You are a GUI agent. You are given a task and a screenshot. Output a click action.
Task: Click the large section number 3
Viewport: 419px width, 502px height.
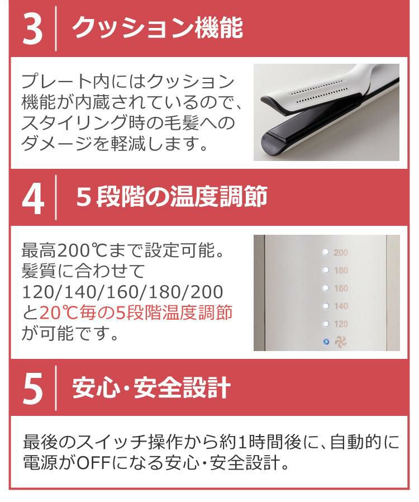point(32,30)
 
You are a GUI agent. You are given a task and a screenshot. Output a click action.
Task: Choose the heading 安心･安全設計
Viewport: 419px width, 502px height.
point(151,388)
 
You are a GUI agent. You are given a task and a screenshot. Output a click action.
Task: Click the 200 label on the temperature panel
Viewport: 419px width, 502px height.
point(340,253)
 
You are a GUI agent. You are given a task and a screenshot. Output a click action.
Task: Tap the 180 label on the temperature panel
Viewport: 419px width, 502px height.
point(340,271)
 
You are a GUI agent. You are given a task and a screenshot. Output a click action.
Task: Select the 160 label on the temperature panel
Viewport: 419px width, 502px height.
point(340,288)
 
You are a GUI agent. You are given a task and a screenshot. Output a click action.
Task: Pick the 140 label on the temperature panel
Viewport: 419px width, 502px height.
point(340,306)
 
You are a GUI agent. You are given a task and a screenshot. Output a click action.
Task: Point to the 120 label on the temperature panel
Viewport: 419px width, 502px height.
point(340,324)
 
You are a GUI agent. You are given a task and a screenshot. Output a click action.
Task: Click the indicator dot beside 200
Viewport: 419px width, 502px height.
point(326,253)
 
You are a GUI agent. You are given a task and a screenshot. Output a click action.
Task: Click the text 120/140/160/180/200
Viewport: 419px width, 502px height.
point(122,291)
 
